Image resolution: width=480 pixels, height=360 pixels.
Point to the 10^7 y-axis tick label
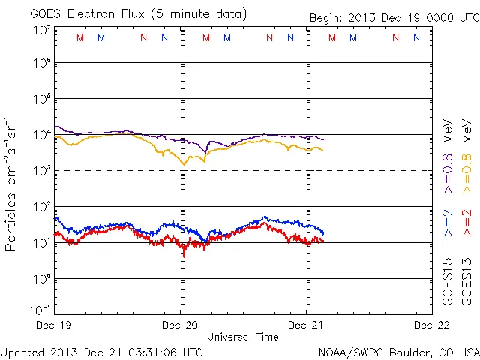41,31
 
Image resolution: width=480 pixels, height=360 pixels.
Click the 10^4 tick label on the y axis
41,136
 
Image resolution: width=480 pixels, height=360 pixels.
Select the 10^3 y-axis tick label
41,172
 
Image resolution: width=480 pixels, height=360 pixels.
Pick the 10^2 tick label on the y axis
41,208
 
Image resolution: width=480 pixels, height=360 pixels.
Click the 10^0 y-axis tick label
41,280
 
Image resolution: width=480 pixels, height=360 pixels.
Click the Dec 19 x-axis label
55,325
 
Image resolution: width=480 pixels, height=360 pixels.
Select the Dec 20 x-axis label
181,325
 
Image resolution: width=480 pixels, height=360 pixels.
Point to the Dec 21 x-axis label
307,325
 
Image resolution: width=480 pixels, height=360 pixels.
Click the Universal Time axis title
243,337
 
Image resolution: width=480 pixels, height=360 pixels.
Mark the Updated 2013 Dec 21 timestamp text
101,350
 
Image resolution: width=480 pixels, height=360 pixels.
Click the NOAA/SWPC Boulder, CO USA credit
399,350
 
